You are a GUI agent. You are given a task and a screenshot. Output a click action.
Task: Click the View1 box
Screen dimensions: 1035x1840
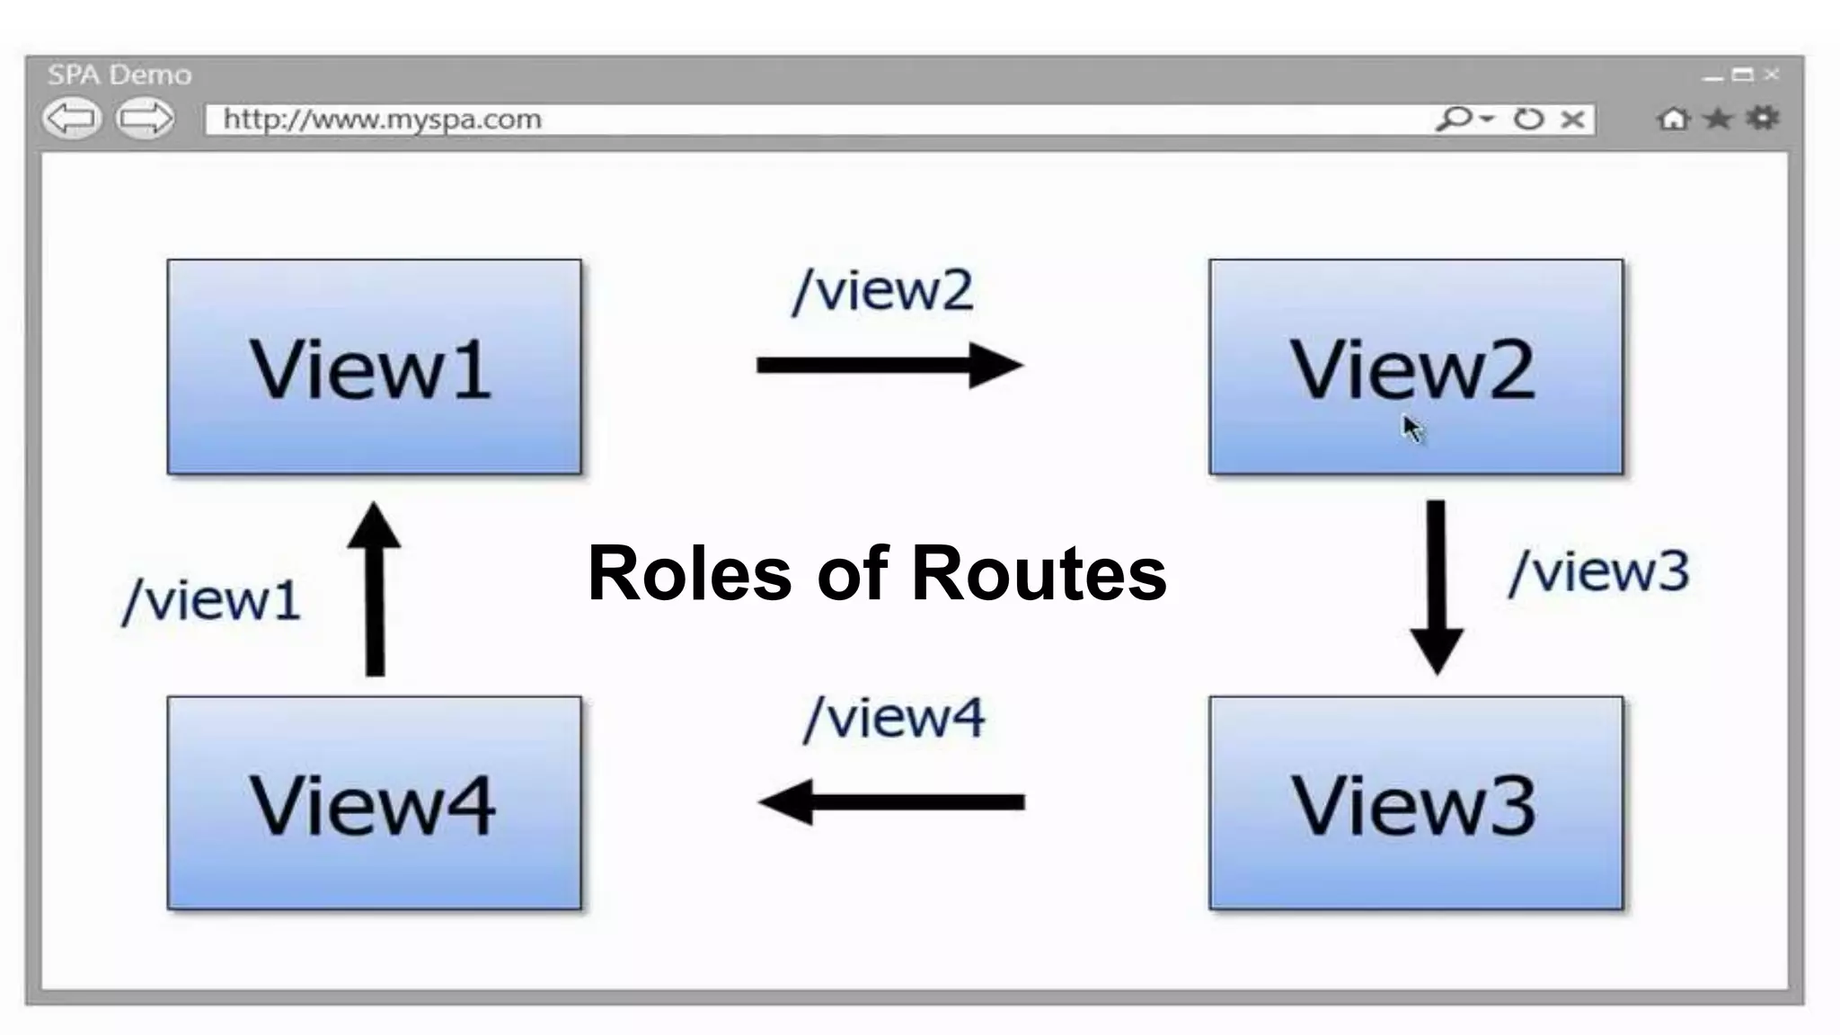(374, 367)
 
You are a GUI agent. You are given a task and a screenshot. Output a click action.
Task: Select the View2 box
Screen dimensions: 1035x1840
(1416, 367)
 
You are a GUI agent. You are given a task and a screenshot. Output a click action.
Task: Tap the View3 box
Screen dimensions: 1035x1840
(1416, 803)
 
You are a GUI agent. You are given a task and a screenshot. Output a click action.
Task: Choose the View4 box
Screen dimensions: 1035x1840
(374, 803)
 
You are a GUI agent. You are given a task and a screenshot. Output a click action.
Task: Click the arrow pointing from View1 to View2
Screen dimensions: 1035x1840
(889, 365)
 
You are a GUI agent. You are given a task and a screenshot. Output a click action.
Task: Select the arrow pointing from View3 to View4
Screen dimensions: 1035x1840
(891, 802)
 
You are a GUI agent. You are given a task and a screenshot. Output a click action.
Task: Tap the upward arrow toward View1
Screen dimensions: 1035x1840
(375, 589)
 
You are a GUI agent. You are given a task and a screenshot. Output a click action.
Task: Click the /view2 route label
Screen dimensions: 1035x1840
(883, 290)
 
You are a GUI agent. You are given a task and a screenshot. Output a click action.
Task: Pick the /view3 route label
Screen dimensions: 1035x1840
(1600, 571)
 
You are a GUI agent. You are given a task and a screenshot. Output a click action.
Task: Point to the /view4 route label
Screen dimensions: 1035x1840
(895, 718)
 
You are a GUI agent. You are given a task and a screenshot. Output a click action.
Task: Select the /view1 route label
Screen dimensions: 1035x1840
(212, 600)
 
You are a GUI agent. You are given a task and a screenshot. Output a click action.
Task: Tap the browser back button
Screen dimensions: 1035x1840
(72, 119)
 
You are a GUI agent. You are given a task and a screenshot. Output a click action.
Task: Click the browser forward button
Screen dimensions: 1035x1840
(146, 119)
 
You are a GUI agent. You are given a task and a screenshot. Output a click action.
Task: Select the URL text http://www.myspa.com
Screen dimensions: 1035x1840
(382, 119)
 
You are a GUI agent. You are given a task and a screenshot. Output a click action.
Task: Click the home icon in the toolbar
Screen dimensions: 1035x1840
(1673, 119)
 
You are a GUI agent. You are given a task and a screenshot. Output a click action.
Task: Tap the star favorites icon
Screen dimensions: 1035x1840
(1718, 119)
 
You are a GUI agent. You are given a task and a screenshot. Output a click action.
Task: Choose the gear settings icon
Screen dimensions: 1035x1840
(1763, 118)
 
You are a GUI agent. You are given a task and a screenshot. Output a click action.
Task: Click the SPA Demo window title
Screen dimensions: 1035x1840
(119, 75)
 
